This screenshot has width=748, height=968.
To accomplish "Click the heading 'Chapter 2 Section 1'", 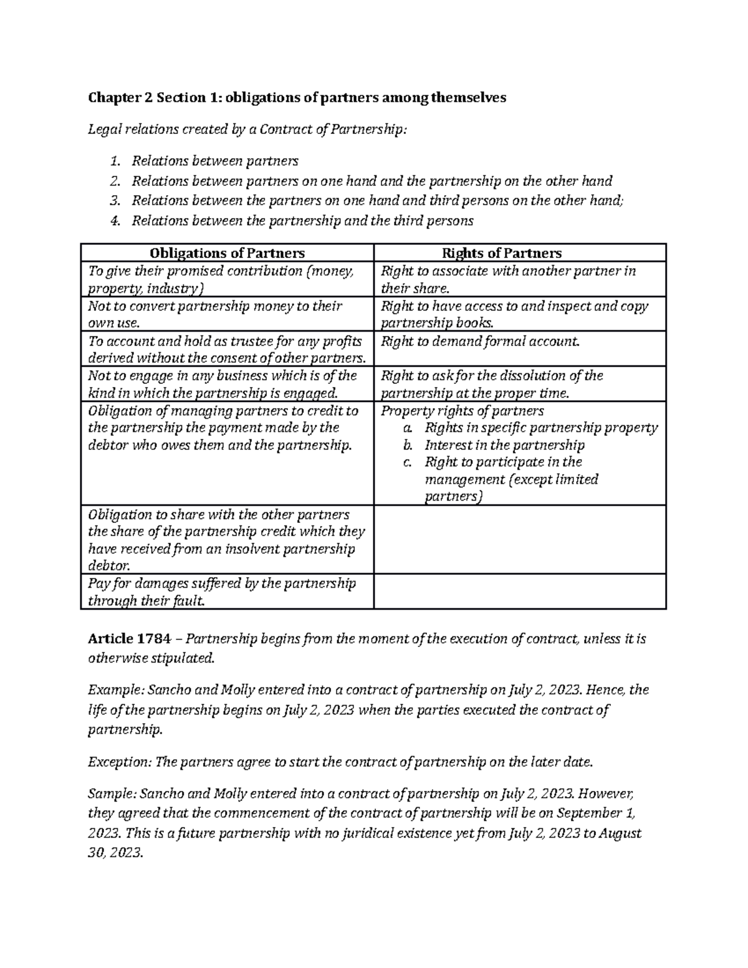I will pos(156,97).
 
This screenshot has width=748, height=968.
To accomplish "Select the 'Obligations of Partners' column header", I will pos(227,253).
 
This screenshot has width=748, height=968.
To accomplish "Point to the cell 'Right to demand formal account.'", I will pos(480,342).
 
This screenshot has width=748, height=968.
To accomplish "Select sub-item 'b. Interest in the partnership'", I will pos(504,445).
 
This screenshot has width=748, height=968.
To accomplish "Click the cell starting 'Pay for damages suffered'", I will pos(222,592).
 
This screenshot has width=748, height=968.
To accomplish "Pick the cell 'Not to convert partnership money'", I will pos(215,314).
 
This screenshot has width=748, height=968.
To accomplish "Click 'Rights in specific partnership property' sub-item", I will pos(540,428).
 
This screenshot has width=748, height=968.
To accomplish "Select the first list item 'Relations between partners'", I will pos(214,161).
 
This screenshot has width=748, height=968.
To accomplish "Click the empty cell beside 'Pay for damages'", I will pos(519,592).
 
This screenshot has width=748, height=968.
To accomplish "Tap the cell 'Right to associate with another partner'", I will pos(508,279).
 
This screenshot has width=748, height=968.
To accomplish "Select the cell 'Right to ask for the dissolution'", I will pos(492,384).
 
